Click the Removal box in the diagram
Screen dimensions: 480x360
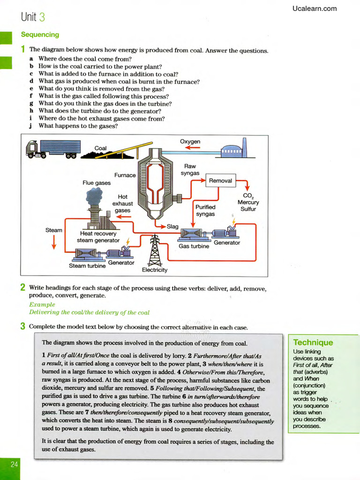click(x=220, y=180)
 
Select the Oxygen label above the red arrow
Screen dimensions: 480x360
click(x=190, y=142)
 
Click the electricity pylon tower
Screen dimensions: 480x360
click(x=155, y=251)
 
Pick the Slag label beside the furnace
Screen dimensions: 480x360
click(x=172, y=226)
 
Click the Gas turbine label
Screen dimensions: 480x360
click(x=194, y=246)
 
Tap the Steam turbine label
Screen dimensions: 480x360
click(x=87, y=266)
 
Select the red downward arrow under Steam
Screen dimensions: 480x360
click(x=54, y=242)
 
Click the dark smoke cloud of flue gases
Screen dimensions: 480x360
click(x=94, y=195)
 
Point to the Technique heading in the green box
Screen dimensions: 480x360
click(x=313, y=343)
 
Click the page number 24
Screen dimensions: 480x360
click(x=14, y=464)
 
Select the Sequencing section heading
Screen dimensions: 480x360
click(x=40, y=35)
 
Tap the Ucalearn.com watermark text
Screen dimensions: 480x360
click(x=314, y=8)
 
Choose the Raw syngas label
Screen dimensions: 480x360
click(x=190, y=170)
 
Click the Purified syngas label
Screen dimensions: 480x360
click(x=205, y=210)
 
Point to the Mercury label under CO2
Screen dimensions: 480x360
click(x=248, y=202)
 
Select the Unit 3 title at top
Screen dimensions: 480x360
click(x=33, y=17)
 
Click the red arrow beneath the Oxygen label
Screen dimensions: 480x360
click(x=192, y=148)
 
